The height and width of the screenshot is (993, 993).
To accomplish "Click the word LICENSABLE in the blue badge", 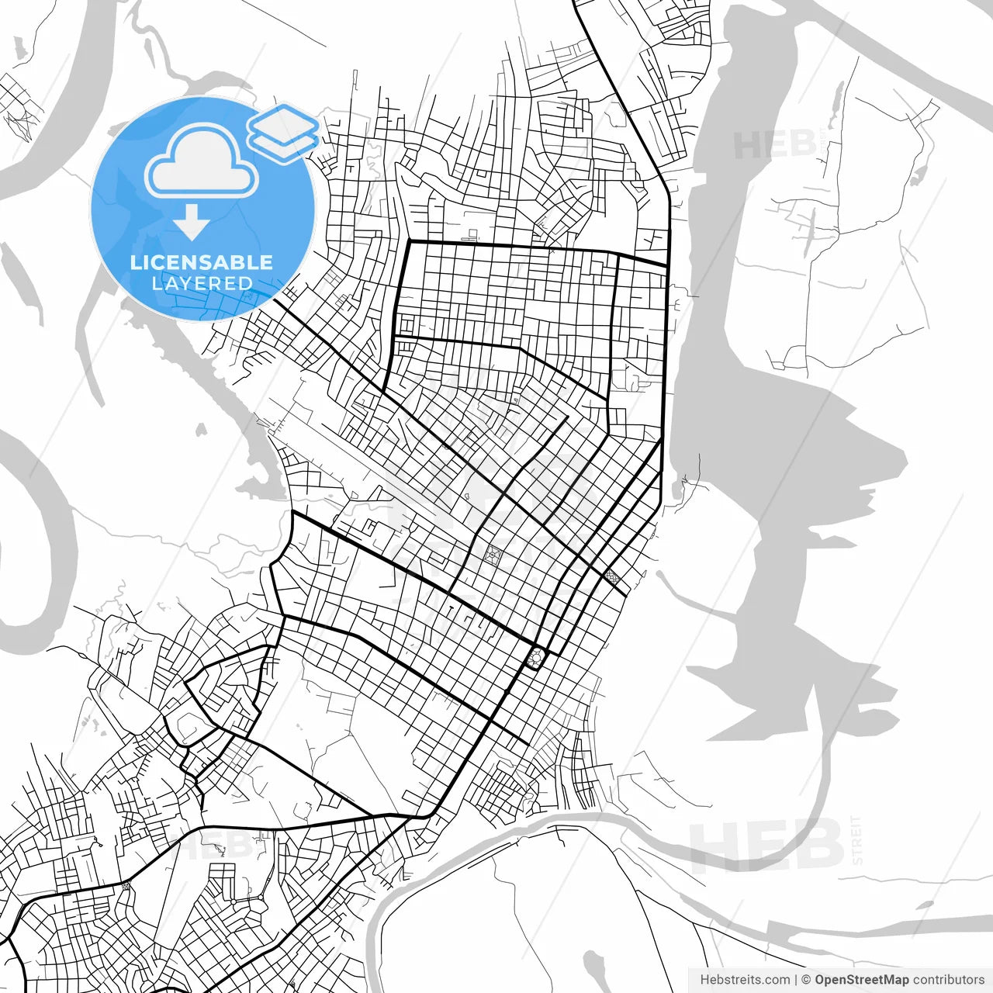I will [x=202, y=262].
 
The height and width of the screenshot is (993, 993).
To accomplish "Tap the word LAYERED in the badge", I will [x=202, y=284].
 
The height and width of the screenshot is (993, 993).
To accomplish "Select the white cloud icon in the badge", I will [x=202, y=161].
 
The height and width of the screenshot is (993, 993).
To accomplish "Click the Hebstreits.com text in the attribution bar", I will [x=745, y=980].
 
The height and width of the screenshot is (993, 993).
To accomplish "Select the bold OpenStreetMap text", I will [x=861, y=980].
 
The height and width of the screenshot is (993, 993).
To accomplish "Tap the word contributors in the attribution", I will [x=948, y=980].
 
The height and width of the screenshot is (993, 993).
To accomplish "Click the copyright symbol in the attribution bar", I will [x=806, y=980].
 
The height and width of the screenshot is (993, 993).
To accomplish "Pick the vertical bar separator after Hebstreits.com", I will [x=796, y=980].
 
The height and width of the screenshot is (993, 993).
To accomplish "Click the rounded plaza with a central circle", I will [x=535, y=659].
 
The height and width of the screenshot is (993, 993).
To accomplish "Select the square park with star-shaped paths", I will [x=493, y=555].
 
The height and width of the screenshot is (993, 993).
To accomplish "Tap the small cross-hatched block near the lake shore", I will [x=613, y=576].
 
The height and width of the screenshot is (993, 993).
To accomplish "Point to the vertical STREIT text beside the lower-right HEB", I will [x=856, y=840].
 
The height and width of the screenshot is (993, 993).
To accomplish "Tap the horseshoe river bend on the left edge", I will [x=39, y=535].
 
